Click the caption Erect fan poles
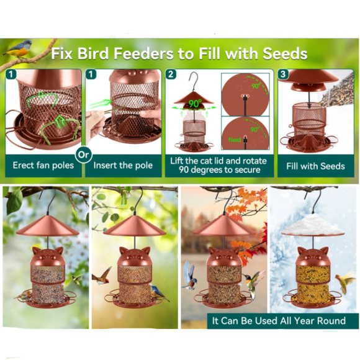(43, 166)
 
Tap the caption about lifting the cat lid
(218, 165)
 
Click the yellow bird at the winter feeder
(344, 282)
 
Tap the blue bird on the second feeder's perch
(159, 292)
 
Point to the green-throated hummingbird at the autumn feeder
(254, 282)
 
